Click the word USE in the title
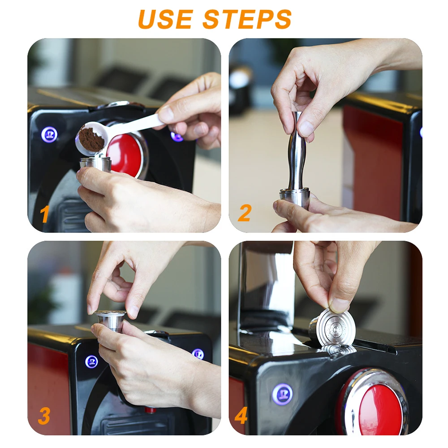165,19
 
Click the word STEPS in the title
247,19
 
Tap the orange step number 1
44,214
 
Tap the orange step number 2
244,213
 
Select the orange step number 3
44,416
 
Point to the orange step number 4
241,416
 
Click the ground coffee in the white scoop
91,140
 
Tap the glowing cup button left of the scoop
49,134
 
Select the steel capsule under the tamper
295,196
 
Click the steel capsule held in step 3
111,320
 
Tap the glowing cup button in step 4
282,394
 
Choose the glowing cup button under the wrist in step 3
92,362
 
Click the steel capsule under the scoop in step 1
95,164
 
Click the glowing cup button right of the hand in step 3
198,354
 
